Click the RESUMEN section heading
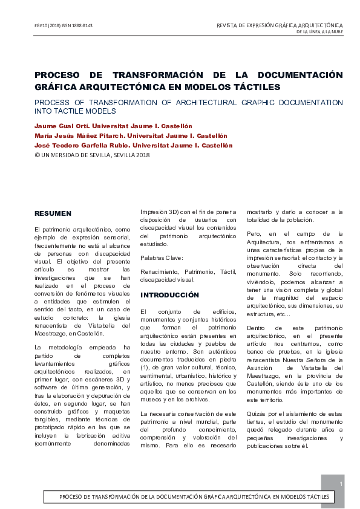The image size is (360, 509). point(53,213)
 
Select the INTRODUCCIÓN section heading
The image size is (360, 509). point(169,295)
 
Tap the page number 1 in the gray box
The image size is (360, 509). point(342,484)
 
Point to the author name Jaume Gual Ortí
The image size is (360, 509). point(62,126)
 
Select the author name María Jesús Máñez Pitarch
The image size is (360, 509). point(78,135)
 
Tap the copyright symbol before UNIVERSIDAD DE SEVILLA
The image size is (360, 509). point(37,155)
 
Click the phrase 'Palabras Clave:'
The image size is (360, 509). point(160,257)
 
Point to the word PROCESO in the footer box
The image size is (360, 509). point(75,497)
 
